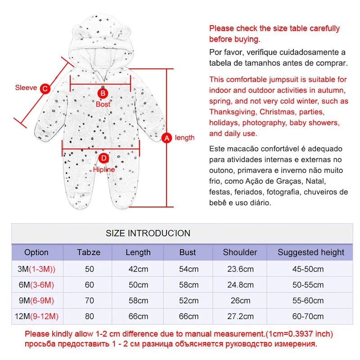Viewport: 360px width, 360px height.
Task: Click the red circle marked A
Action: coord(167,138)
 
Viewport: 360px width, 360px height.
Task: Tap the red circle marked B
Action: coord(103,93)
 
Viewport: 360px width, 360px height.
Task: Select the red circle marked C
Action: coord(45,89)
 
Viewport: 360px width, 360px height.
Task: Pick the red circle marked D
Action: coord(104,158)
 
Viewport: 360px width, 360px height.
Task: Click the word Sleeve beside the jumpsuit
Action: coord(26,88)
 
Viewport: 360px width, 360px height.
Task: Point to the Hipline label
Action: coord(104,170)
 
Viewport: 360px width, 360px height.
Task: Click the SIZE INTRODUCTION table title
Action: coord(148,233)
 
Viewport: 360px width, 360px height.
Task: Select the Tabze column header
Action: coord(89,252)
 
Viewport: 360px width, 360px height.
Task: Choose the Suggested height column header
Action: coord(310,252)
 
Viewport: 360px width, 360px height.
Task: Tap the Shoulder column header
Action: coord(240,252)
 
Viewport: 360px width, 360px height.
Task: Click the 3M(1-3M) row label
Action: coord(36,270)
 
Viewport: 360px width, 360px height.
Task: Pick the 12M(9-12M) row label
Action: coord(36,316)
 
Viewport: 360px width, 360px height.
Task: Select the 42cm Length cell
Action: coord(138,270)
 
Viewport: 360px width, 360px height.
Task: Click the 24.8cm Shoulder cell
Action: coord(240,285)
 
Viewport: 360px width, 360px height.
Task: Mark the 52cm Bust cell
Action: coord(188,301)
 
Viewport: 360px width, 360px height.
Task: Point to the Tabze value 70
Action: coord(90,301)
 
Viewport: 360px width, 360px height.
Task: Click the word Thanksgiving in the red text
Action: coord(232,112)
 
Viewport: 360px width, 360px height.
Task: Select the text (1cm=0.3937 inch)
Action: coord(298,334)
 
